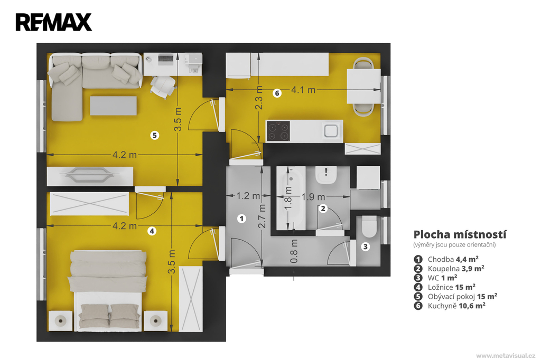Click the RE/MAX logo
53,22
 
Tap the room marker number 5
155,135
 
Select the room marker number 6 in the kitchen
277,93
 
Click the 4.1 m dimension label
303,90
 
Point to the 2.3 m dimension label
259,98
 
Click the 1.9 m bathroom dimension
313,197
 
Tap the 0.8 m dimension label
294,251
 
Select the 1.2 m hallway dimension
248,196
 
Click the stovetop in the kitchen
278,131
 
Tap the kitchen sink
331,131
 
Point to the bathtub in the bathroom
291,198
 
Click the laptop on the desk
165,59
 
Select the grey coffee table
114,106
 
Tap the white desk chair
163,86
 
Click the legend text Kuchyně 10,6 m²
456,306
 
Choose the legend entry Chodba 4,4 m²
453,259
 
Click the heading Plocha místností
460,234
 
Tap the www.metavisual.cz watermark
506,356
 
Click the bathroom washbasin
326,175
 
